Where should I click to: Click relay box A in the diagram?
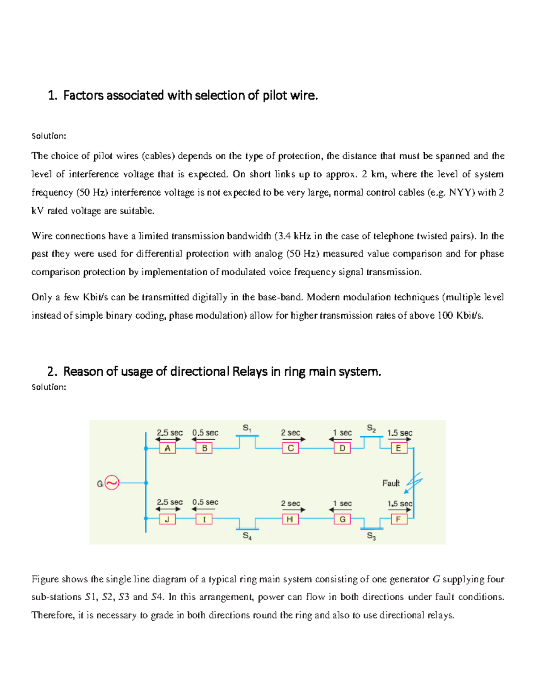pyautogui.click(x=167, y=448)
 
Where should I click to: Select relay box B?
pyautogui.click(x=204, y=448)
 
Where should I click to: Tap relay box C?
pyautogui.click(x=290, y=448)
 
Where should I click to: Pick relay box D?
pyautogui.click(x=342, y=448)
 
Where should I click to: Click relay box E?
pyautogui.click(x=398, y=448)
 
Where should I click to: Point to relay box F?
pyautogui.click(x=398, y=519)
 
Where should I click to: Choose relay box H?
pyautogui.click(x=290, y=519)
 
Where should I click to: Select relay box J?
pyautogui.click(x=167, y=519)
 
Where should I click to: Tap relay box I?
pyautogui.click(x=204, y=519)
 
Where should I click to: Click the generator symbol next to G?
pyautogui.click(x=112, y=483)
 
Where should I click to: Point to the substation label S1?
pyautogui.click(x=247, y=428)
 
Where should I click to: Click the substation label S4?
pyautogui.click(x=247, y=536)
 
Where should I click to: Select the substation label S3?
pyautogui.click(x=371, y=536)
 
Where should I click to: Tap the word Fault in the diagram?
pyautogui.click(x=391, y=483)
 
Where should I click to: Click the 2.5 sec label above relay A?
pyautogui.click(x=169, y=433)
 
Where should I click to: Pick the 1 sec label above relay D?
pyautogui.click(x=342, y=433)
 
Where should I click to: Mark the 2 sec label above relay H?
pyautogui.click(x=290, y=504)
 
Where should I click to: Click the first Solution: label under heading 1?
pyautogui.click(x=49, y=136)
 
